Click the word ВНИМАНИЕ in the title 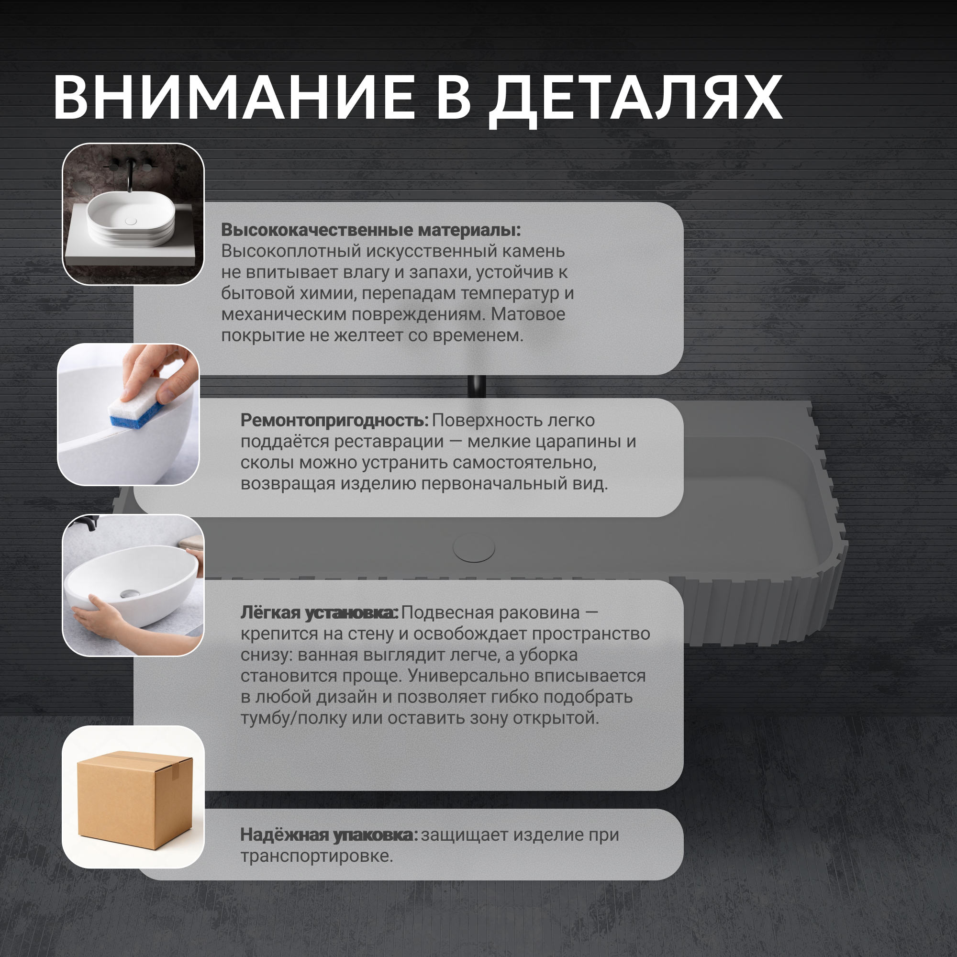(234, 97)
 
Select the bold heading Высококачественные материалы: (371, 230)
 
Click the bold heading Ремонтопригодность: (334, 421)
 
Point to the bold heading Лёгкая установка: (319, 613)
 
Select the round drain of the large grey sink (474, 548)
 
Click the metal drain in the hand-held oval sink (130, 593)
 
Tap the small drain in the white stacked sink (131, 221)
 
